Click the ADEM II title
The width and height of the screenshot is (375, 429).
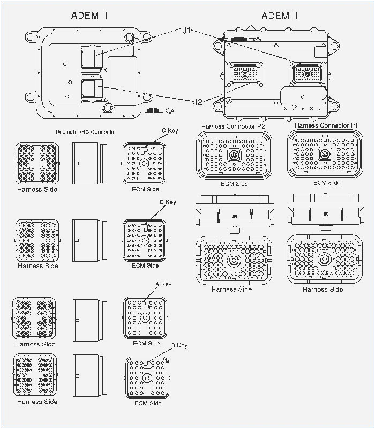[x=89, y=15]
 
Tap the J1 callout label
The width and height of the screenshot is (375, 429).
[x=186, y=31]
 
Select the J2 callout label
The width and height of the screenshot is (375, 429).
[x=197, y=102]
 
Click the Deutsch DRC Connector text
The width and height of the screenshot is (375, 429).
[x=86, y=132]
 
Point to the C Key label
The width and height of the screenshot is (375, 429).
[x=170, y=130]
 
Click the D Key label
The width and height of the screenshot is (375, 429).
[x=168, y=202]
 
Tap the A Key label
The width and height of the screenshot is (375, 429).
[x=163, y=284]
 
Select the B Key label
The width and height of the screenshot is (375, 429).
[x=179, y=345]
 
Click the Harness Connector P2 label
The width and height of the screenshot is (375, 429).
[x=233, y=126]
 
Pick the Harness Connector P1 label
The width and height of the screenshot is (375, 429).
[x=326, y=125]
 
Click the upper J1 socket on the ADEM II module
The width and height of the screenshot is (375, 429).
[x=91, y=58]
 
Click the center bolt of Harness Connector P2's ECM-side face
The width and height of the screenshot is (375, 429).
[x=234, y=156]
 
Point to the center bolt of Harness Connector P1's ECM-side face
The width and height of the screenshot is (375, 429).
[x=325, y=154]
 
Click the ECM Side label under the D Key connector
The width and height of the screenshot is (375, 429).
[x=145, y=265]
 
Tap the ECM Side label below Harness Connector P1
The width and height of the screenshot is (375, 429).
[x=327, y=183]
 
